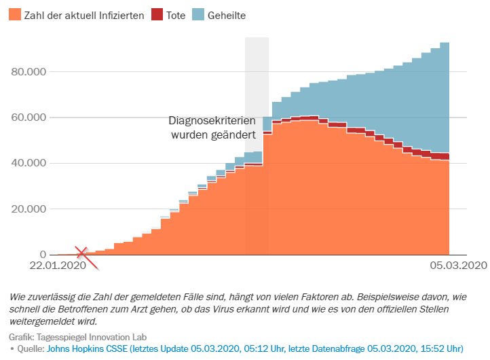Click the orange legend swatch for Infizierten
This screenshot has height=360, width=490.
(15, 14)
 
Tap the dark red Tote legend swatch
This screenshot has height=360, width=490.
(157, 14)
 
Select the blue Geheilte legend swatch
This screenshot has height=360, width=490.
(198, 14)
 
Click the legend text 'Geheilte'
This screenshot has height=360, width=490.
(227, 16)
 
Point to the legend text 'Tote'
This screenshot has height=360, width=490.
(176, 16)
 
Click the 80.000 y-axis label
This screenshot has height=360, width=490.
(29, 71)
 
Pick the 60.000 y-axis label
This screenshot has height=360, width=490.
(29, 118)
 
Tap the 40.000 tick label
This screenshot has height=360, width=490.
(29, 163)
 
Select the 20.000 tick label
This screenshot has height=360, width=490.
(29, 209)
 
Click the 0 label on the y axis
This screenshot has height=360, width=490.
(43, 254)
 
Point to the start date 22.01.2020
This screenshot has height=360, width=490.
(58, 265)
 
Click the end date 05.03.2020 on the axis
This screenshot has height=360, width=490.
(458, 265)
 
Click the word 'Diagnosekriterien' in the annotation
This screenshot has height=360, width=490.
(212, 121)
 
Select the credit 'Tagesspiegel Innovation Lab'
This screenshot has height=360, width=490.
(92, 337)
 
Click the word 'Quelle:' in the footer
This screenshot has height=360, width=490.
(31, 348)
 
